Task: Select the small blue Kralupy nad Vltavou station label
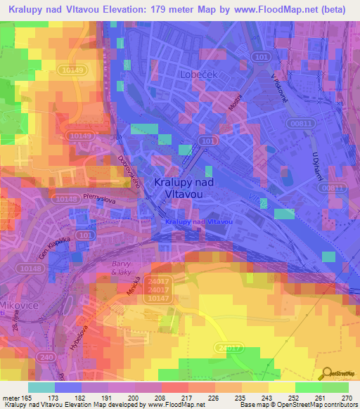tap(199, 222)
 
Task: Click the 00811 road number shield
tap(299, 122)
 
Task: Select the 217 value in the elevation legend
tap(188, 398)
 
